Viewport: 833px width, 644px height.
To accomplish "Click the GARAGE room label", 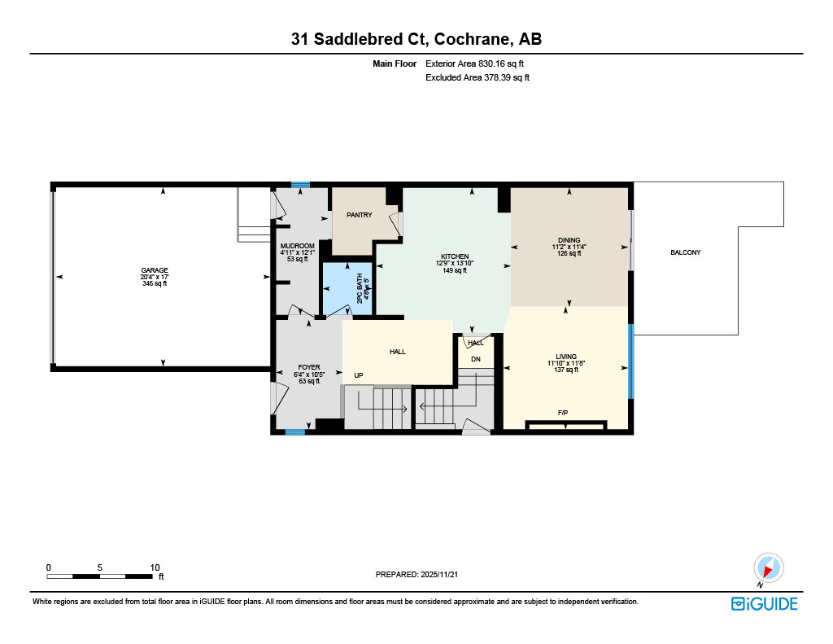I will click(155, 269).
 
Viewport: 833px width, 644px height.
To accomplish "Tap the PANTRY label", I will click(360, 215).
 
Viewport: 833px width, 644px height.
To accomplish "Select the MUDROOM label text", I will click(297, 246).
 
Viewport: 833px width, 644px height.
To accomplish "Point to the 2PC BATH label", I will click(360, 291).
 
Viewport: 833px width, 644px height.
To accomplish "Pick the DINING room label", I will click(569, 240).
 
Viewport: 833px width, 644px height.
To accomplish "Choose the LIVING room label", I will click(566, 357).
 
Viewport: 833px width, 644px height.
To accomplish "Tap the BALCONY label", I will click(685, 252).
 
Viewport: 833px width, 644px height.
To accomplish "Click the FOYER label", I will click(308, 367).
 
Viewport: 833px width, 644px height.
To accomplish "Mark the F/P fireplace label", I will click(562, 413).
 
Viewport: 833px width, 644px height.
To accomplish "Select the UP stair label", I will click(358, 376).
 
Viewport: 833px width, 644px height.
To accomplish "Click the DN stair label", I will click(476, 359).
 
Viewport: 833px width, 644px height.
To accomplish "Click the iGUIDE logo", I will click(764, 603).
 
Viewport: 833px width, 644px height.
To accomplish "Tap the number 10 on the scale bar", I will click(155, 567).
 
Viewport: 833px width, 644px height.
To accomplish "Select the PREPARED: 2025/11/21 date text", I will click(421, 574).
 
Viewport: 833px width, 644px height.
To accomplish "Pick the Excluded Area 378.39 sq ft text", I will click(478, 78).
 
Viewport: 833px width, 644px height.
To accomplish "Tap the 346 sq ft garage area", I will click(155, 283).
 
